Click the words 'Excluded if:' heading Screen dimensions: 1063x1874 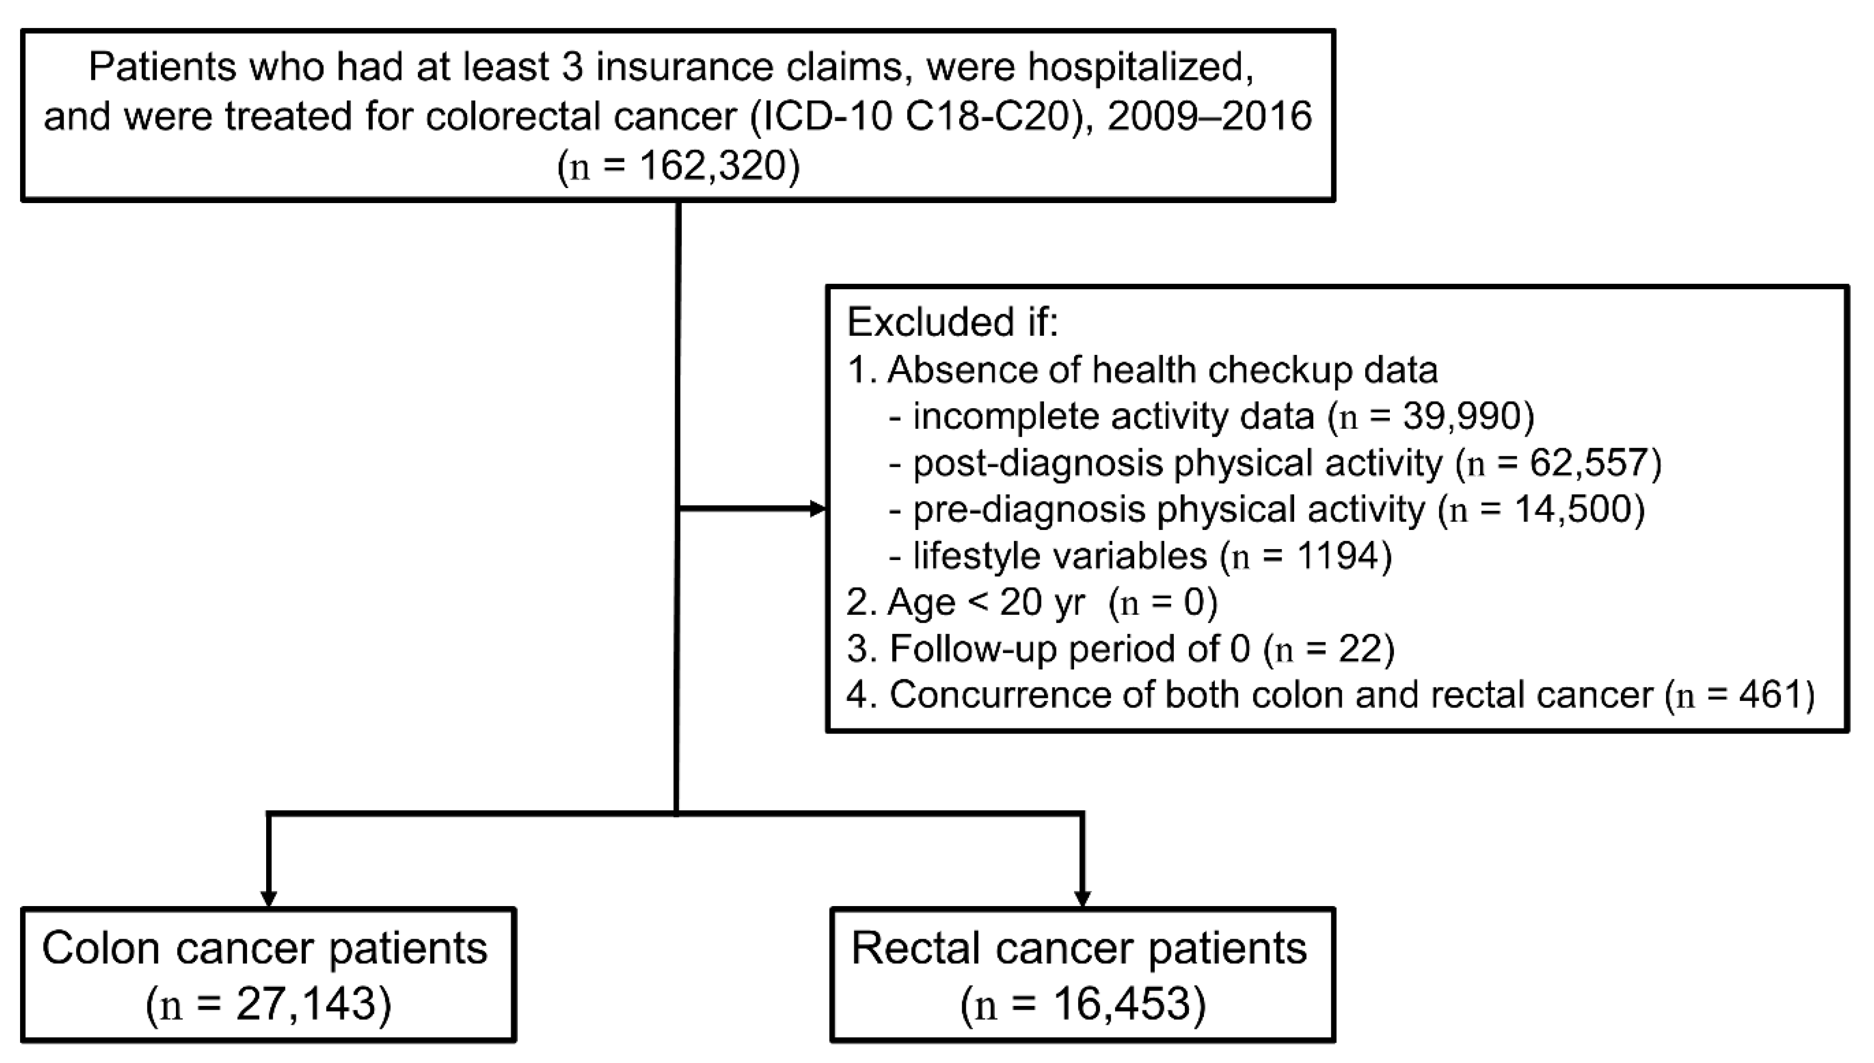tap(952, 321)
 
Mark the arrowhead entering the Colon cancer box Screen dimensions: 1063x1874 tap(269, 898)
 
